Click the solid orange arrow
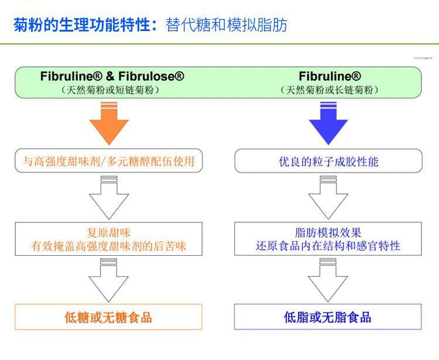pyautogui.click(x=108, y=124)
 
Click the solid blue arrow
pyautogui.click(x=328, y=124)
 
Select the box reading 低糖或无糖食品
pyautogui.click(x=108, y=317)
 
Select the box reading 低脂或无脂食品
pyautogui.click(x=328, y=317)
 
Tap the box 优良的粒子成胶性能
pyautogui.click(x=328, y=161)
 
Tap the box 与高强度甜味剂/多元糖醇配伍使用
pyautogui.click(x=108, y=161)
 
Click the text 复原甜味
pyautogui.click(x=108, y=232)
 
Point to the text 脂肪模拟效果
pyautogui.click(x=328, y=232)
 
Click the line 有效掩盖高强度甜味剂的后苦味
pyautogui.click(x=108, y=246)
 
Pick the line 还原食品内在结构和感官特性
pyautogui.click(x=328, y=246)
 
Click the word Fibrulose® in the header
pyautogui.click(x=152, y=76)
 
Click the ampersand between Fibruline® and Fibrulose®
pyautogui.click(x=109, y=76)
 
